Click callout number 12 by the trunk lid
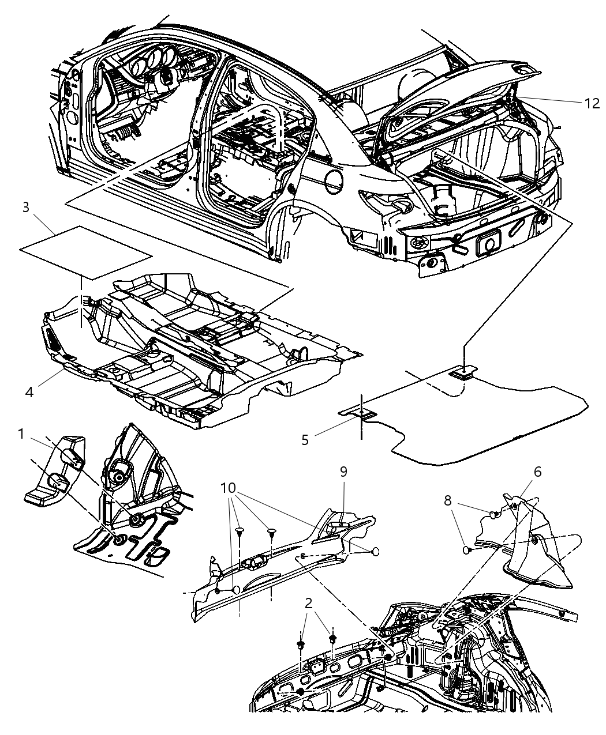click(592, 103)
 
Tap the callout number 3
click(26, 208)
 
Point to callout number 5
click(305, 439)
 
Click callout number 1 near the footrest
click(21, 434)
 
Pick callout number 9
click(343, 472)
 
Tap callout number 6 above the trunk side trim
click(537, 472)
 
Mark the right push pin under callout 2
click(333, 639)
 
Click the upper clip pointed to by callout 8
click(494, 514)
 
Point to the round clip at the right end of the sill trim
click(375, 552)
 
